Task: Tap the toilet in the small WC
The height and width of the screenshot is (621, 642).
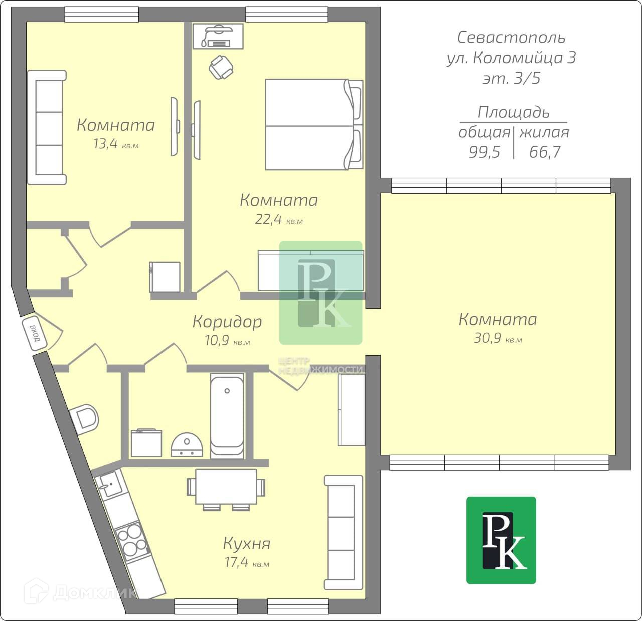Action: pos(85,418)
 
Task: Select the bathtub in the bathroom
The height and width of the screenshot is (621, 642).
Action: pos(227,416)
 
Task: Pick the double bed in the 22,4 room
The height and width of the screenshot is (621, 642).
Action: pos(313,124)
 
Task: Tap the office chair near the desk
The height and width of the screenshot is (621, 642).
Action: pos(221,67)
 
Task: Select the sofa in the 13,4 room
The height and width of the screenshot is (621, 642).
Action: pos(47,128)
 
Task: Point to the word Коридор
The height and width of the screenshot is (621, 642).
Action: pos(227,321)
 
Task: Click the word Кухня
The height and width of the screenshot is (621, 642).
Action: pos(246,544)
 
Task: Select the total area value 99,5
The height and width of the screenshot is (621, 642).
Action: pos(485,152)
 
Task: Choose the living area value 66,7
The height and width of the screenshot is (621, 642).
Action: pos(545,152)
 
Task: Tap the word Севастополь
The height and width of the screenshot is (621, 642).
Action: pos(511,37)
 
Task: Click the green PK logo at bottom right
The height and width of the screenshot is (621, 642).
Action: pos(501,540)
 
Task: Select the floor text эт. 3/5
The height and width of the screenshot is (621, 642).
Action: pos(511,79)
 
